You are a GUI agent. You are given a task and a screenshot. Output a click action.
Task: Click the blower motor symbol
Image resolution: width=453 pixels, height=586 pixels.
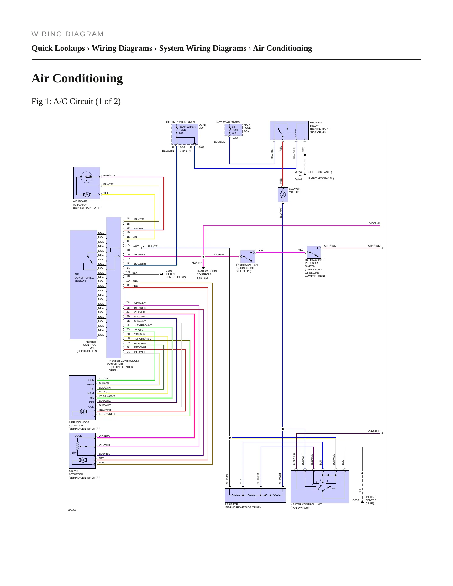[x=283, y=195]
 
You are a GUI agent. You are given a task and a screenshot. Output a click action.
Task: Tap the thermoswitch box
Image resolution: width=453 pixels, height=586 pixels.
[x=247, y=256]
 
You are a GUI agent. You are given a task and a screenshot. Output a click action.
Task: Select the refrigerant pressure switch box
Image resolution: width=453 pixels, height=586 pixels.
[x=313, y=252]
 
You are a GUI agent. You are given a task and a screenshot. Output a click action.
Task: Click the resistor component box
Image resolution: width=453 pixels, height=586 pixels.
[x=255, y=495]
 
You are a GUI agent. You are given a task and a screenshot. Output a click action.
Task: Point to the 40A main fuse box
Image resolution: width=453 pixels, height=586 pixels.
[x=234, y=130]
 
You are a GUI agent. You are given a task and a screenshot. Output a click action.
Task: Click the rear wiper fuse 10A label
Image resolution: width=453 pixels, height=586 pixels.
[x=187, y=130]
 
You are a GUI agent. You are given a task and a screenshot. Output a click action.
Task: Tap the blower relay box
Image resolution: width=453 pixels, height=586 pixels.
[x=289, y=130]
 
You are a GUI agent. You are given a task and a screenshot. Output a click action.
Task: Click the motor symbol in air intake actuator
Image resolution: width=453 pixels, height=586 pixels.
[x=87, y=195]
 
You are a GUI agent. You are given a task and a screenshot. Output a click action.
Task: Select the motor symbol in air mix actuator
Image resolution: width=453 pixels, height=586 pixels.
[x=83, y=460]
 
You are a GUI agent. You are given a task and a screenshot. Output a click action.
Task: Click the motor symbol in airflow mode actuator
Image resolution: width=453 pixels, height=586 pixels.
[x=83, y=411]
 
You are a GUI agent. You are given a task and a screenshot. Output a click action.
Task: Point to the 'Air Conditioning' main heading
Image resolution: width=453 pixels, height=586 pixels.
[x=77, y=78]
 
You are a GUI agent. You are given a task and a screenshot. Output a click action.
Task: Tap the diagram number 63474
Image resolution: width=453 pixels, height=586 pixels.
[x=72, y=510]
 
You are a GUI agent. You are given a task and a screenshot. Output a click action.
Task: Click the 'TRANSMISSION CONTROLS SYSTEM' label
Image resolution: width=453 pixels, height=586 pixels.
[x=207, y=274]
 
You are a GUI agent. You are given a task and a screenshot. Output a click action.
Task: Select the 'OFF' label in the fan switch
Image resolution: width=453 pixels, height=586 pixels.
[x=333, y=489]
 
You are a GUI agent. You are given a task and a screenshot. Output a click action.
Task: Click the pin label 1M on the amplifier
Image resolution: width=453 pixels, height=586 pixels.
[x=128, y=272]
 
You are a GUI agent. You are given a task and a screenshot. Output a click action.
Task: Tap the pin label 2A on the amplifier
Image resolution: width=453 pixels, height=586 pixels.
[x=128, y=302]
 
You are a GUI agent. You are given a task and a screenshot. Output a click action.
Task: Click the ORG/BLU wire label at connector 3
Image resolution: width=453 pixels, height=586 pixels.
[x=374, y=431]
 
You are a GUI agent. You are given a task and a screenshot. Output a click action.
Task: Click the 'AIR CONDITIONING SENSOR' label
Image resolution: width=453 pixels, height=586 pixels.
[x=84, y=278]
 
